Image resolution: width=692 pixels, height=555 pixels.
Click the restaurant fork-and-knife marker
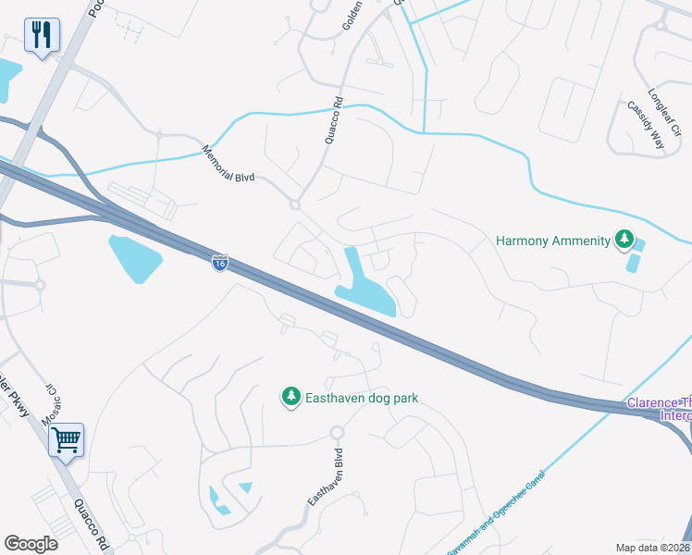click(41, 36)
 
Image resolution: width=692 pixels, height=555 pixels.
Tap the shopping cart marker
click(66, 439)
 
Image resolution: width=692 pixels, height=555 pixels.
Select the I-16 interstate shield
click(219, 264)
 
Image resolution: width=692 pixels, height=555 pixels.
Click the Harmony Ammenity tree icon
click(624, 240)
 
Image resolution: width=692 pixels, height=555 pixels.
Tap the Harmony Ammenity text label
click(553, 240)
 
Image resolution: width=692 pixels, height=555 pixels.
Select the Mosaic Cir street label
click(56, 399)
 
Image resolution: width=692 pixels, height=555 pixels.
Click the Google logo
click(31, 544)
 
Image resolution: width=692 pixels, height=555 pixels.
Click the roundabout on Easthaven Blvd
click(337, 432)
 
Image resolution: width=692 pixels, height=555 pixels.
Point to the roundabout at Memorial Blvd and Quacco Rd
click(295, 204)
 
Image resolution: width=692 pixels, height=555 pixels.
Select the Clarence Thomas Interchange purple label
click(659, 409)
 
